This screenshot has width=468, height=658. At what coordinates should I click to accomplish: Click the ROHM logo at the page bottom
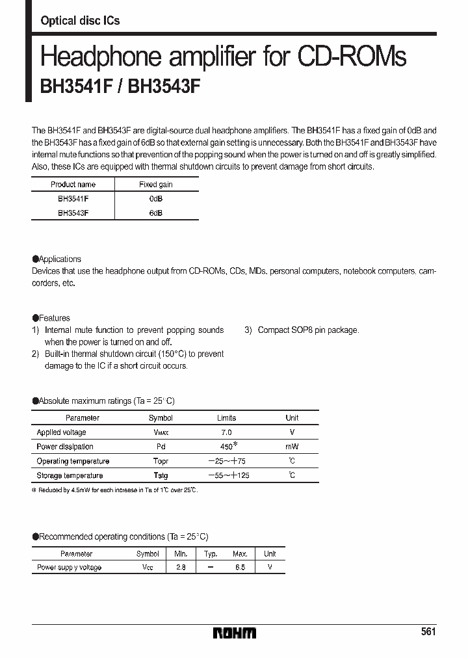pyautogui.click(x=235, y=633)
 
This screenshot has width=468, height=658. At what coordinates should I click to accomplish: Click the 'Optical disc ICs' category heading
pyautogui.click(x=80, y=21)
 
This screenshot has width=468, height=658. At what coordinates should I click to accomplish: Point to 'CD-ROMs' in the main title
pyautogui.click(x=352, y=57)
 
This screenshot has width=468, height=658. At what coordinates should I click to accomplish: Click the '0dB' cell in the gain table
pyautogui.click(x=156, y=199)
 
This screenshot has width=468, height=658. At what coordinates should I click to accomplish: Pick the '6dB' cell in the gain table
pyautogui.click(x=156, y=213)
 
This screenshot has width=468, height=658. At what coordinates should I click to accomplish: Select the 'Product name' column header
pyautogui.click(x=73, y=185)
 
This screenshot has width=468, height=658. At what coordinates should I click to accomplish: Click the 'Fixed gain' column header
pyautogui.click(x=156, y=185)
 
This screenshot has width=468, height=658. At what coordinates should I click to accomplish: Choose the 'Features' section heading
pyautogui.click(x=54, y=318)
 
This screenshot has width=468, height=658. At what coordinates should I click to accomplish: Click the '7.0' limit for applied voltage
pyautogui.click(x=226, y=432)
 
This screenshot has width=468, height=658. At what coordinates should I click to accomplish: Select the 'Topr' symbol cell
pyautogui.click(x=161, y=461)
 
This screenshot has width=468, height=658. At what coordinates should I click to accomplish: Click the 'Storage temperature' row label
pyautogui.click(x=70, y=475)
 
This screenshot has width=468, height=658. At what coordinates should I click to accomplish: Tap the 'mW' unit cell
pyautogui.click(x=292, y=447)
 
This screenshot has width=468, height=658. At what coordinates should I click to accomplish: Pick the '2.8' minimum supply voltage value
pyautogui.click(x=180, y=568)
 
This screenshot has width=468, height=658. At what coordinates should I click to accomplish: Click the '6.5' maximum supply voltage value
pyautogui.click(x=240, y=568)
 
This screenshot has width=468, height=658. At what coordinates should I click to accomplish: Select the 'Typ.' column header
pyautogui.click(x=210, y=554)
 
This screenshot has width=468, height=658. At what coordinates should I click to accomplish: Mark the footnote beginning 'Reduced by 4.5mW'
pyautogui.click(x=116, y=490)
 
